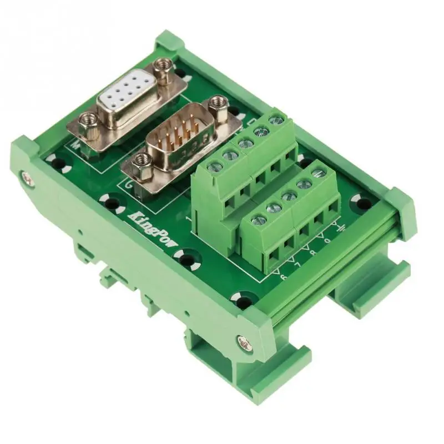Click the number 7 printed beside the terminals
click(297, 264)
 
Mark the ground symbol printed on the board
click(340, 229)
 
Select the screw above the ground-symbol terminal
click(318, 174)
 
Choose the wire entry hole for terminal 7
click(289, 242)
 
